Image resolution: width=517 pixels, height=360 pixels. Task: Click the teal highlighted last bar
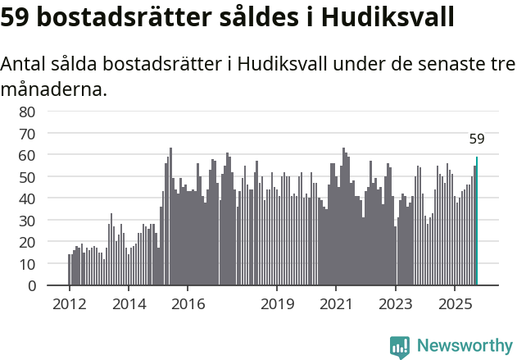click(477, 221)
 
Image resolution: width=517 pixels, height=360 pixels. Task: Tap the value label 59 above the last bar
click(477, 139)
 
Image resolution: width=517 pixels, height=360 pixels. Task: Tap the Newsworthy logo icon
click(400, 346)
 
